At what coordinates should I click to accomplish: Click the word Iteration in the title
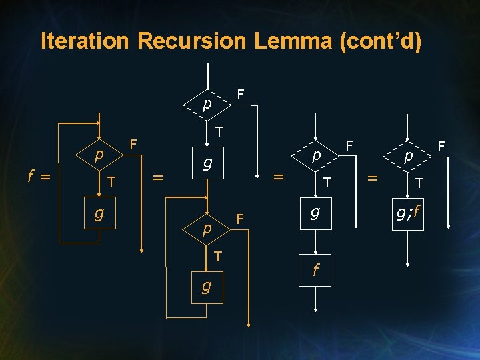pos(85,41)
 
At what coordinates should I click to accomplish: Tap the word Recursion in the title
pos(191,41)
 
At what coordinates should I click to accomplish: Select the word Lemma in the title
pos(292,41)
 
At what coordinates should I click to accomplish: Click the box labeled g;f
pos(408,213)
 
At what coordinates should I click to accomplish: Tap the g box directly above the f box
pos(315,213)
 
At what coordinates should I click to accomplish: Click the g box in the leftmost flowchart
pos(99,214)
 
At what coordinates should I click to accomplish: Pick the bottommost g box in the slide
pos(207,286)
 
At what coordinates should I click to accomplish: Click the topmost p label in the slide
pos(207,105)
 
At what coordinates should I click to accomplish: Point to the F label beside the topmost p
pos(241,94)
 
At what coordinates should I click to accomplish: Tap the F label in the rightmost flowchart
pos(441,145)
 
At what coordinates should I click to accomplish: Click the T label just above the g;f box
pos(419,183)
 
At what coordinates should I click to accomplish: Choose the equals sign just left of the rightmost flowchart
pos(374,177)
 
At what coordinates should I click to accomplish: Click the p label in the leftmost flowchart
pos(99,155)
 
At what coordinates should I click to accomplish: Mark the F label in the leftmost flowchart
pos(133,144)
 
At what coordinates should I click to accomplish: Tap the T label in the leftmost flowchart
pos(112,181)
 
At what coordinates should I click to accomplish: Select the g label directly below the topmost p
pos(207,162)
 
